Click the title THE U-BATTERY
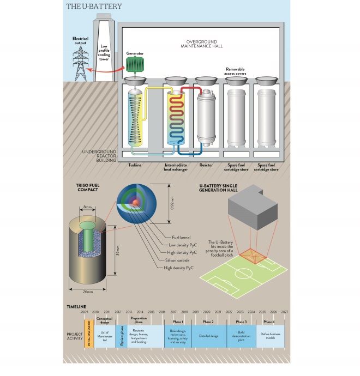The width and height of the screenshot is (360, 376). click(94, 7)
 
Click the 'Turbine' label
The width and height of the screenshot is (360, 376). click(135, 163)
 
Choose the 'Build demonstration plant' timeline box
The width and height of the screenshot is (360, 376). click(240, 334)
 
